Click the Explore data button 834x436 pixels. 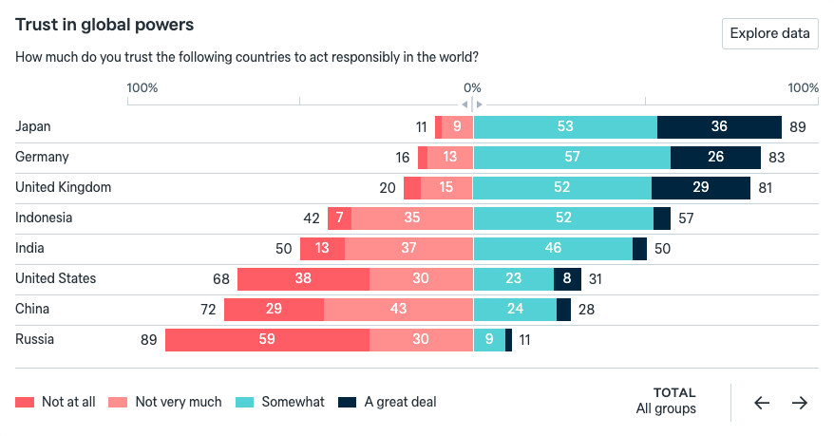769,33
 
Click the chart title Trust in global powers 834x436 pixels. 104,25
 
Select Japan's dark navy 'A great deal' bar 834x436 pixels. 719,127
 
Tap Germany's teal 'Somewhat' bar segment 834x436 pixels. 572,158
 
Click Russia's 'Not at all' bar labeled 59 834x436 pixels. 267,340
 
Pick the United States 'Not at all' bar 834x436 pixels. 303,279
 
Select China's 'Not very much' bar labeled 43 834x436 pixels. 398,310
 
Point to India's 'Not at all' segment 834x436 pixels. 322,249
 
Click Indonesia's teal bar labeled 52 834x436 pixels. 563,218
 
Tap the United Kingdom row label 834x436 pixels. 64,187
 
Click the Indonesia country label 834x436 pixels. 44,218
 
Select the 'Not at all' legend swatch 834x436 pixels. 25,403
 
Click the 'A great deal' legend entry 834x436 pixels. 388,402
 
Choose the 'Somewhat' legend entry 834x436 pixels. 280,402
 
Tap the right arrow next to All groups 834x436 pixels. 800,403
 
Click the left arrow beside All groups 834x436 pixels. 762,403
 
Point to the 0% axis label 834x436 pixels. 472,87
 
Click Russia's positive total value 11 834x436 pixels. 525,340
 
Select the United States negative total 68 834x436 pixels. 221,279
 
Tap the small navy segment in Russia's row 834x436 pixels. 508,340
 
